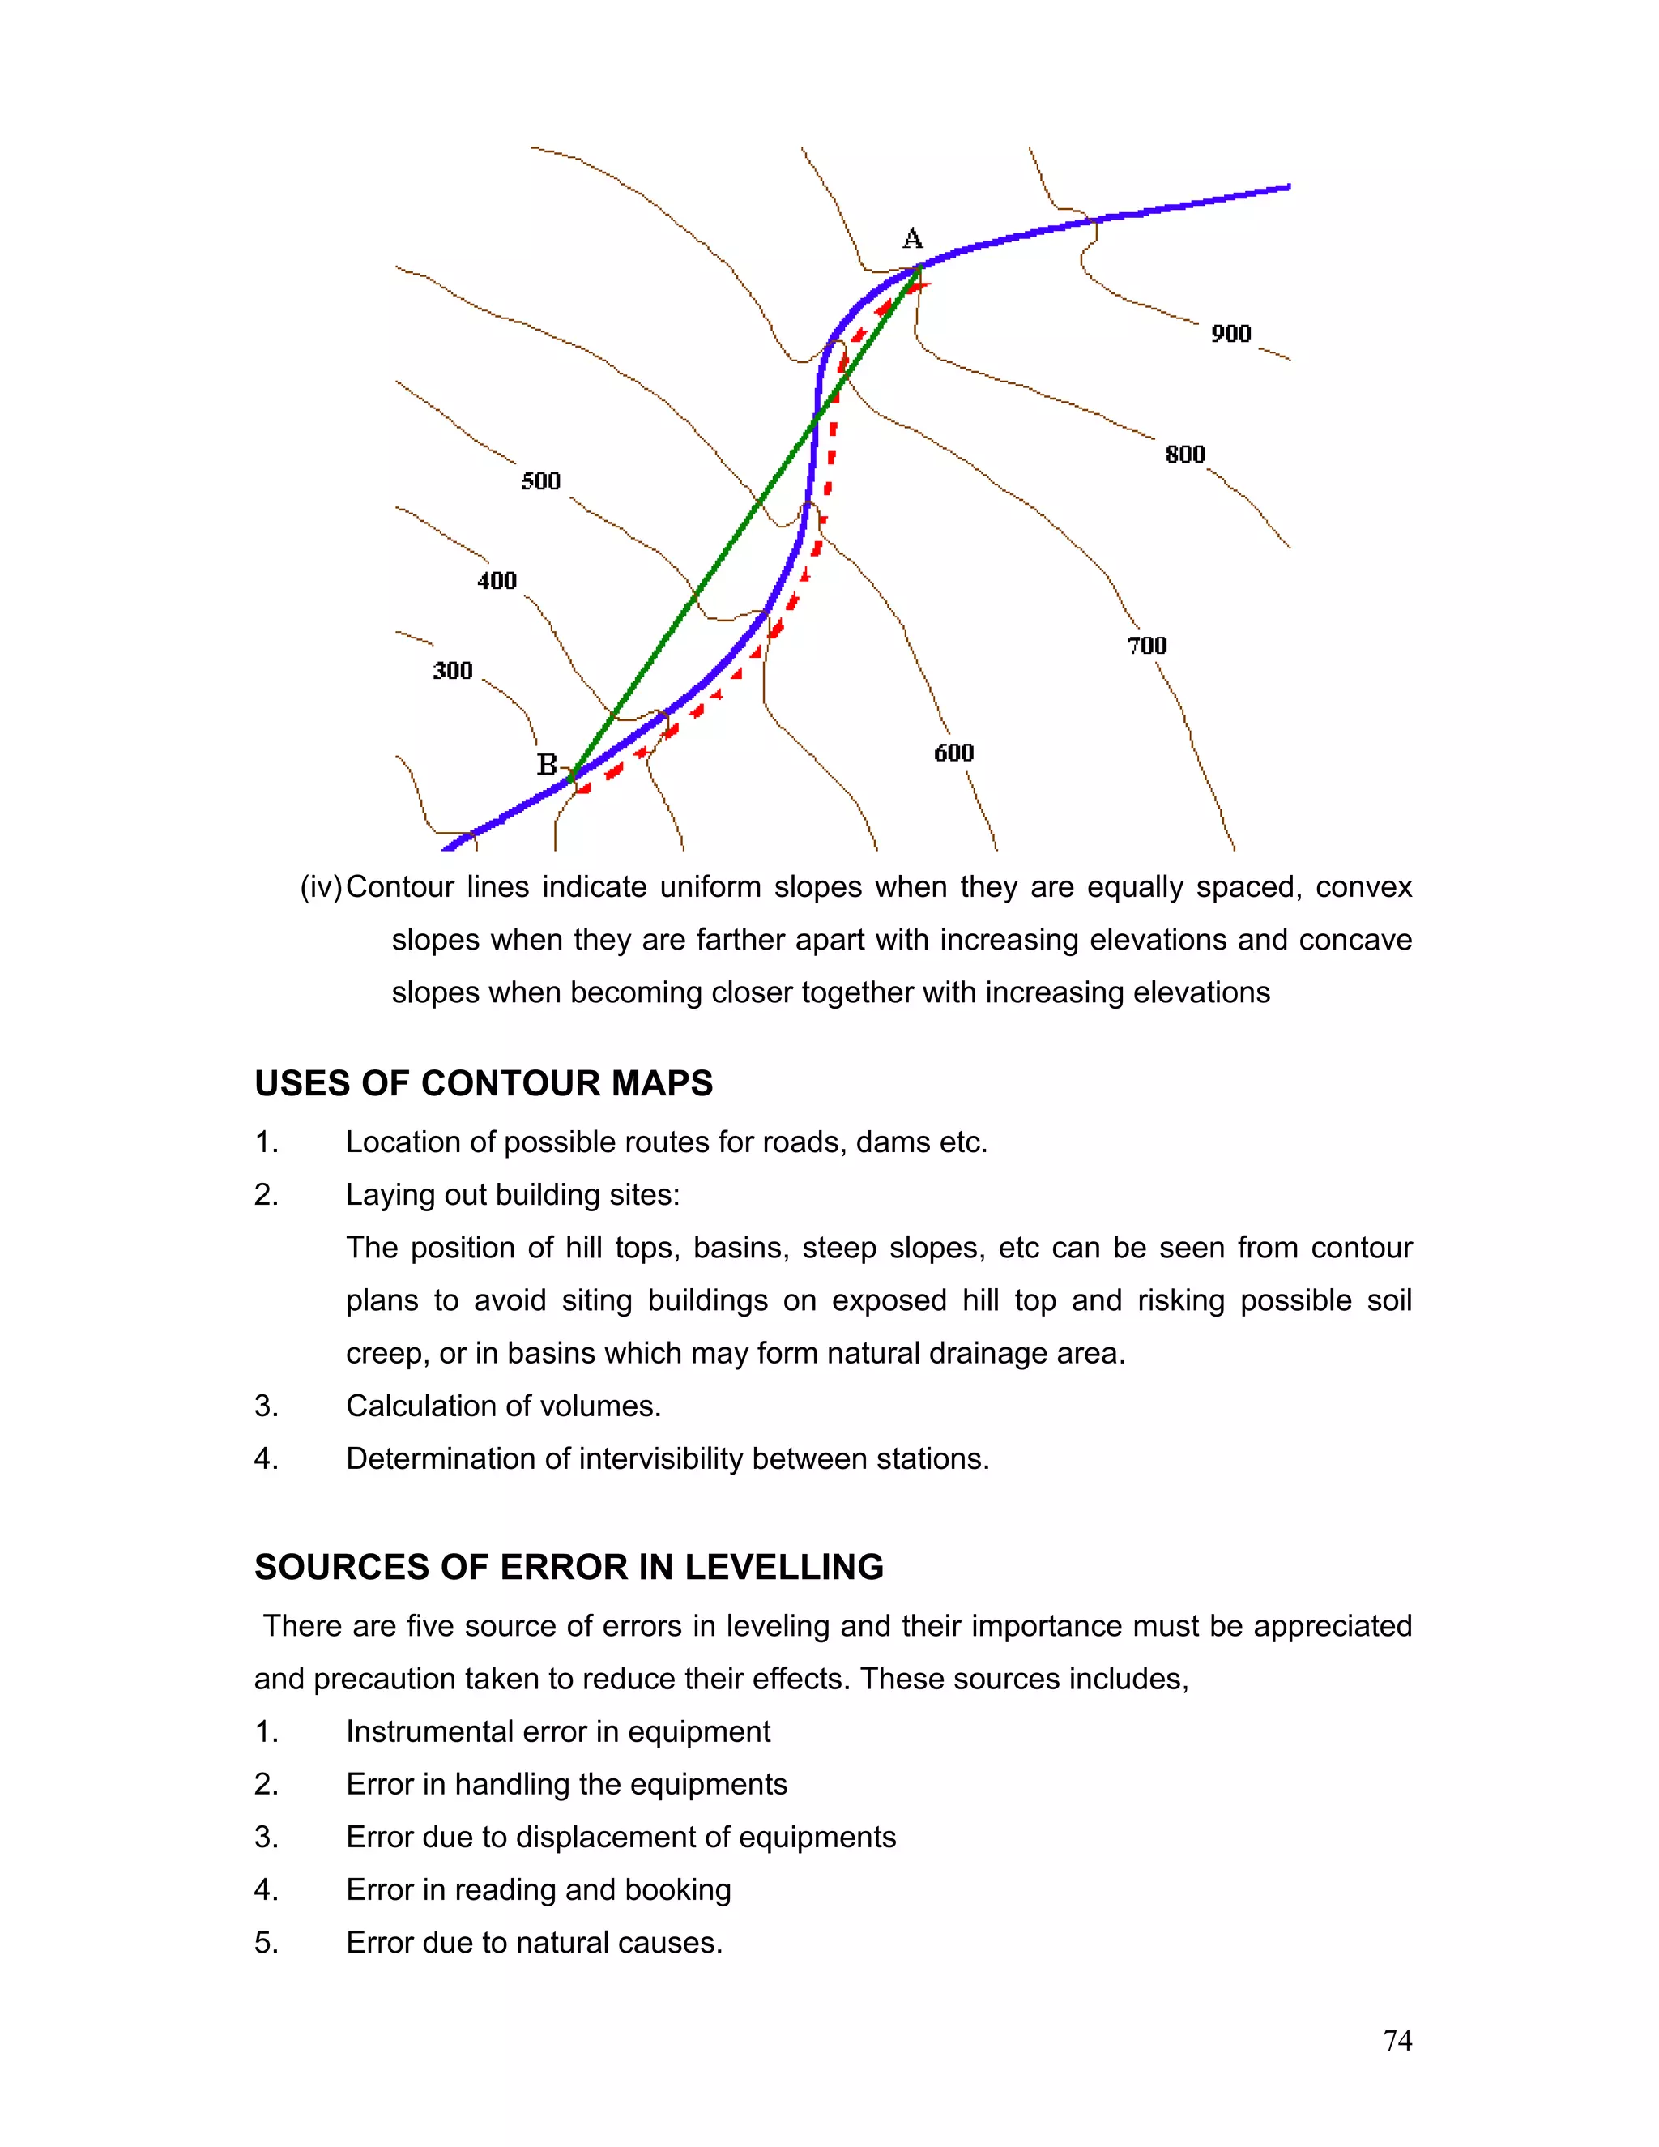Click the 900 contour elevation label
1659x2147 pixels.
pyautogui.click(x=1230, y=335)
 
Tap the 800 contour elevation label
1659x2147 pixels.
pyautogui.click(x=1184, y=455)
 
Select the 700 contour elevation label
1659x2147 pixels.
pyautogui.click(x=1146, y=646)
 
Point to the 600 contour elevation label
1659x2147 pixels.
pyautogui.click(x=953, y=753)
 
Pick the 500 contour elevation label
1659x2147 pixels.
pyautogui.click(x=540, y=482)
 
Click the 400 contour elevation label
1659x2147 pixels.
pyautogui.click(x=497, y=581)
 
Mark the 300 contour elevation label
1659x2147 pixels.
pyautogui.click(x=452, y=672)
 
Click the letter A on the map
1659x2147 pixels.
pyautogui.click(x=912, y=239)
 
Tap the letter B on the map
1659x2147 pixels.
pyautogui.click(x=547, y=765)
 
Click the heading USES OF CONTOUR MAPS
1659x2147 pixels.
pyautogui.click(x=484, y=1083)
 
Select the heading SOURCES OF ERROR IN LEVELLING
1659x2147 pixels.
pyautogui.click(x=569, y=1567)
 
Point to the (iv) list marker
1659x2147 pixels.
pyautogui.click(x=321, y=888)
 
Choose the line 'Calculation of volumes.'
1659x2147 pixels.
pyautogui.click(x=503, y=1406)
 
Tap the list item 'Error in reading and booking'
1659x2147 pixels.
pyautogui.click(x=539, y=1890)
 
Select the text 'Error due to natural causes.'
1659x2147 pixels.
pyautogui.click(x=534, y=1944)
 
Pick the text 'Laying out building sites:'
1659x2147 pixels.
pyautogui.click(x=512, y=1195)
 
